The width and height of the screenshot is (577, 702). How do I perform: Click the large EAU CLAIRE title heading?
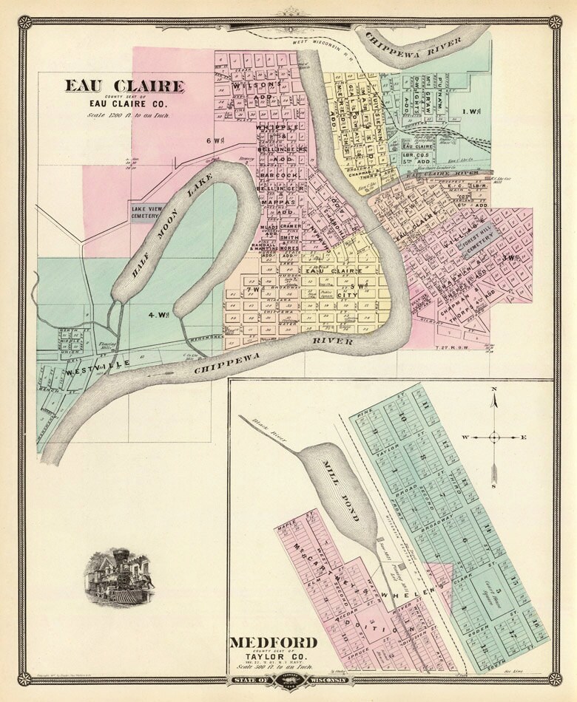124,86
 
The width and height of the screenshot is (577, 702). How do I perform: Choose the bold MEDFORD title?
274,641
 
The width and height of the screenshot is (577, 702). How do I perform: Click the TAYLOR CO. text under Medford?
274,655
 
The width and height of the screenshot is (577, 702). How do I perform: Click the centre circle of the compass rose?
495,437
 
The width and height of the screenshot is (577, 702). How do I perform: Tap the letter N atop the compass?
494,389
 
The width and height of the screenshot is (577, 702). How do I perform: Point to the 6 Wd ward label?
215,140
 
